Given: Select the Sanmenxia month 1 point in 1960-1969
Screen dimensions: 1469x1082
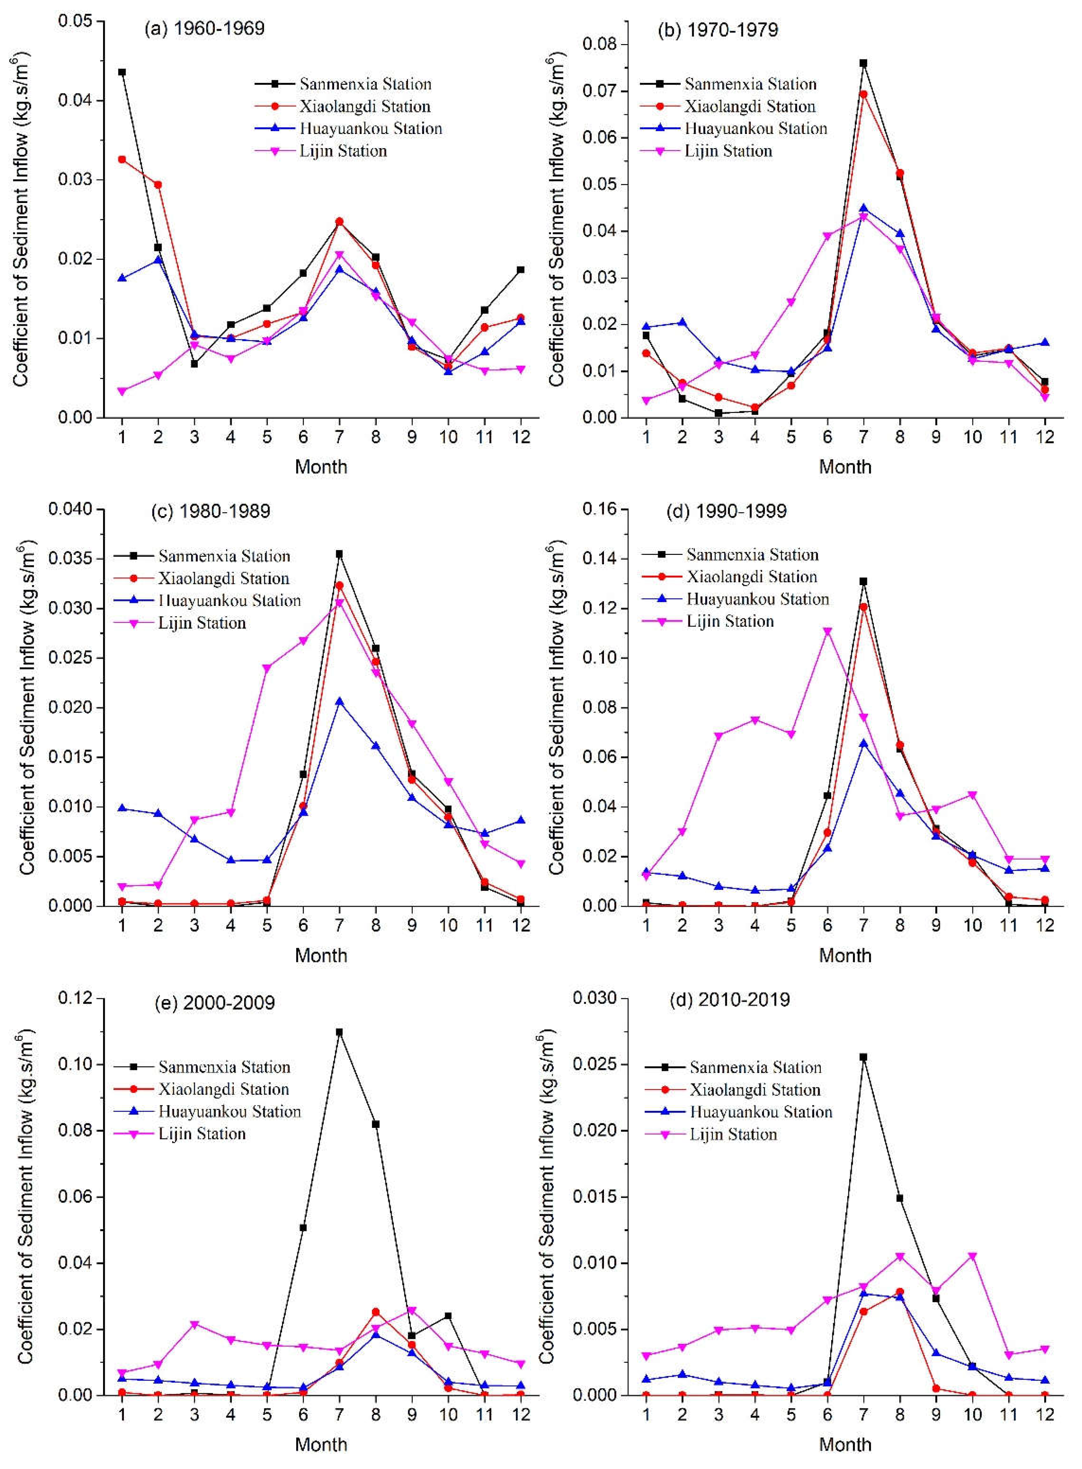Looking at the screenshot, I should tap(122, 72).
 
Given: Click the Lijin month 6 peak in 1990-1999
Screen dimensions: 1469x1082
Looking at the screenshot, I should tap(827, 632).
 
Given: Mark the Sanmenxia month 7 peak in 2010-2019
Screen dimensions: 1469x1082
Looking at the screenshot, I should tap(863, 1057).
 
